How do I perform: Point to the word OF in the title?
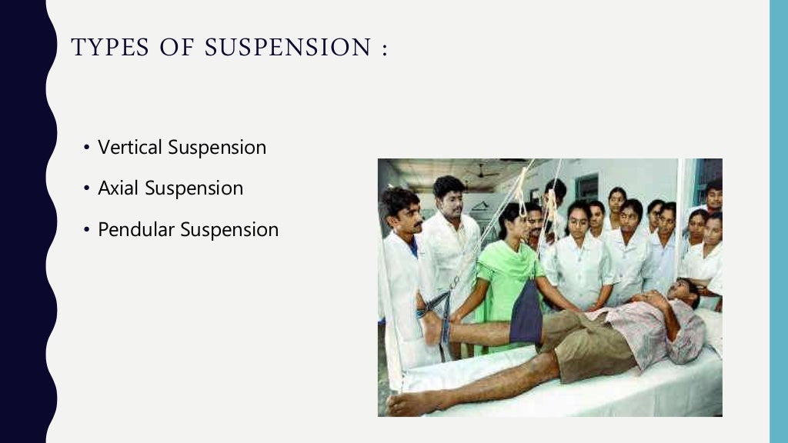coord(173,48)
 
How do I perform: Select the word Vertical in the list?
coord(129,148)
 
